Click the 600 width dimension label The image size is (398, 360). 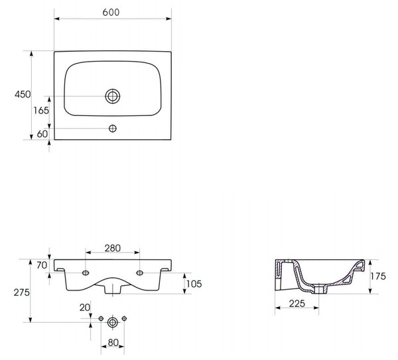pos(111,12)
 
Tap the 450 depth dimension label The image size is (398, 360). pos(23,94)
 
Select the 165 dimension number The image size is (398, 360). pos(41,110)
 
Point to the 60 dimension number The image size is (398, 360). pos(42,134)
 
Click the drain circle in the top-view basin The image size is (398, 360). pos(113,96)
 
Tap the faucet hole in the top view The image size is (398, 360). pos(113,129)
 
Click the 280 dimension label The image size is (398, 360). pos(113,248)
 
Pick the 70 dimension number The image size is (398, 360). pos(42,265)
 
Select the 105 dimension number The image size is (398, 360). pos(194,284)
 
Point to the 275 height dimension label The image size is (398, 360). pos(22,292)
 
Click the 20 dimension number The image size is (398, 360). pos(85,308)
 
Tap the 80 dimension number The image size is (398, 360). pos(113,343)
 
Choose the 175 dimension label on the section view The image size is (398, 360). pos(378,276)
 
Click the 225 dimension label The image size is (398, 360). pos(297,303)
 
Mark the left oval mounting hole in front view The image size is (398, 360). pos(86,273)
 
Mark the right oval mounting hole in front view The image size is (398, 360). pos(139,273)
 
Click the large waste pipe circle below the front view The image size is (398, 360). pos(113,322)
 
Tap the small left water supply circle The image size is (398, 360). pos(101,318)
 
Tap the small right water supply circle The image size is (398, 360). pos(124,318)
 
